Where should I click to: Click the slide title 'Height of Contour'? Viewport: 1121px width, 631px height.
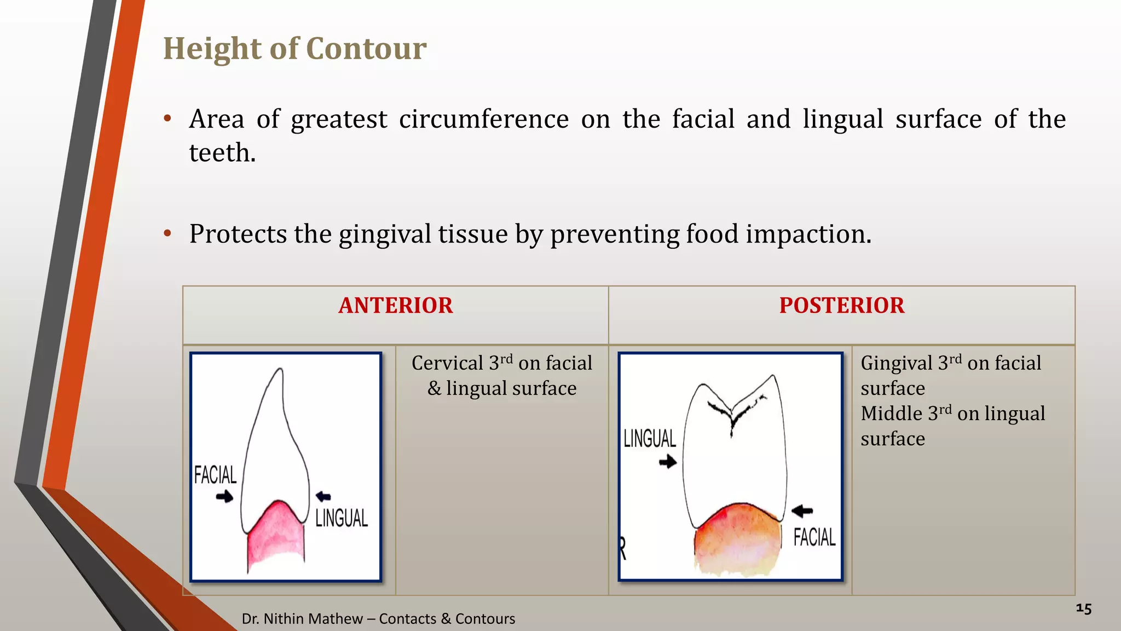tap(294, 49)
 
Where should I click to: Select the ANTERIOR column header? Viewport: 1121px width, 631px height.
tap(396, 306)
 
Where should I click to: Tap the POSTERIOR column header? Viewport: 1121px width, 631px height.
tap(842, 306)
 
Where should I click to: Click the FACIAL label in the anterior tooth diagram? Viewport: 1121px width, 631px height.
tap(215, 475)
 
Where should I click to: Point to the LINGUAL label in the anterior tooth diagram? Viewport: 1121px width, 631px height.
tap(342, 518)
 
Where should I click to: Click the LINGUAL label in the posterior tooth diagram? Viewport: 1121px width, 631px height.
tap(650, 439)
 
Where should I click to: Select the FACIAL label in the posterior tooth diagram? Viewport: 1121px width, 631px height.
tap(814, 537)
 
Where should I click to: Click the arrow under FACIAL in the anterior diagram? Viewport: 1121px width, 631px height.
tap(224, 497)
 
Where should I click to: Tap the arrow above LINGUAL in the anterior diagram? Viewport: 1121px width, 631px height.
tap(323, 496)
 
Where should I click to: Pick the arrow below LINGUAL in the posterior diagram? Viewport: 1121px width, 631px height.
tap(668, 462)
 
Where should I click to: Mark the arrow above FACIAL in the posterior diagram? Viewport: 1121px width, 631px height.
tap(802, 511)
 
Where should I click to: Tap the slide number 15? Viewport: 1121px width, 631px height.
tap(1083, 609)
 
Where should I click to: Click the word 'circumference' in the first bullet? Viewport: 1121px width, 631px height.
tap(484, 119)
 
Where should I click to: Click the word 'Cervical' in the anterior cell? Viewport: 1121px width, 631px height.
tap(447, 363)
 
